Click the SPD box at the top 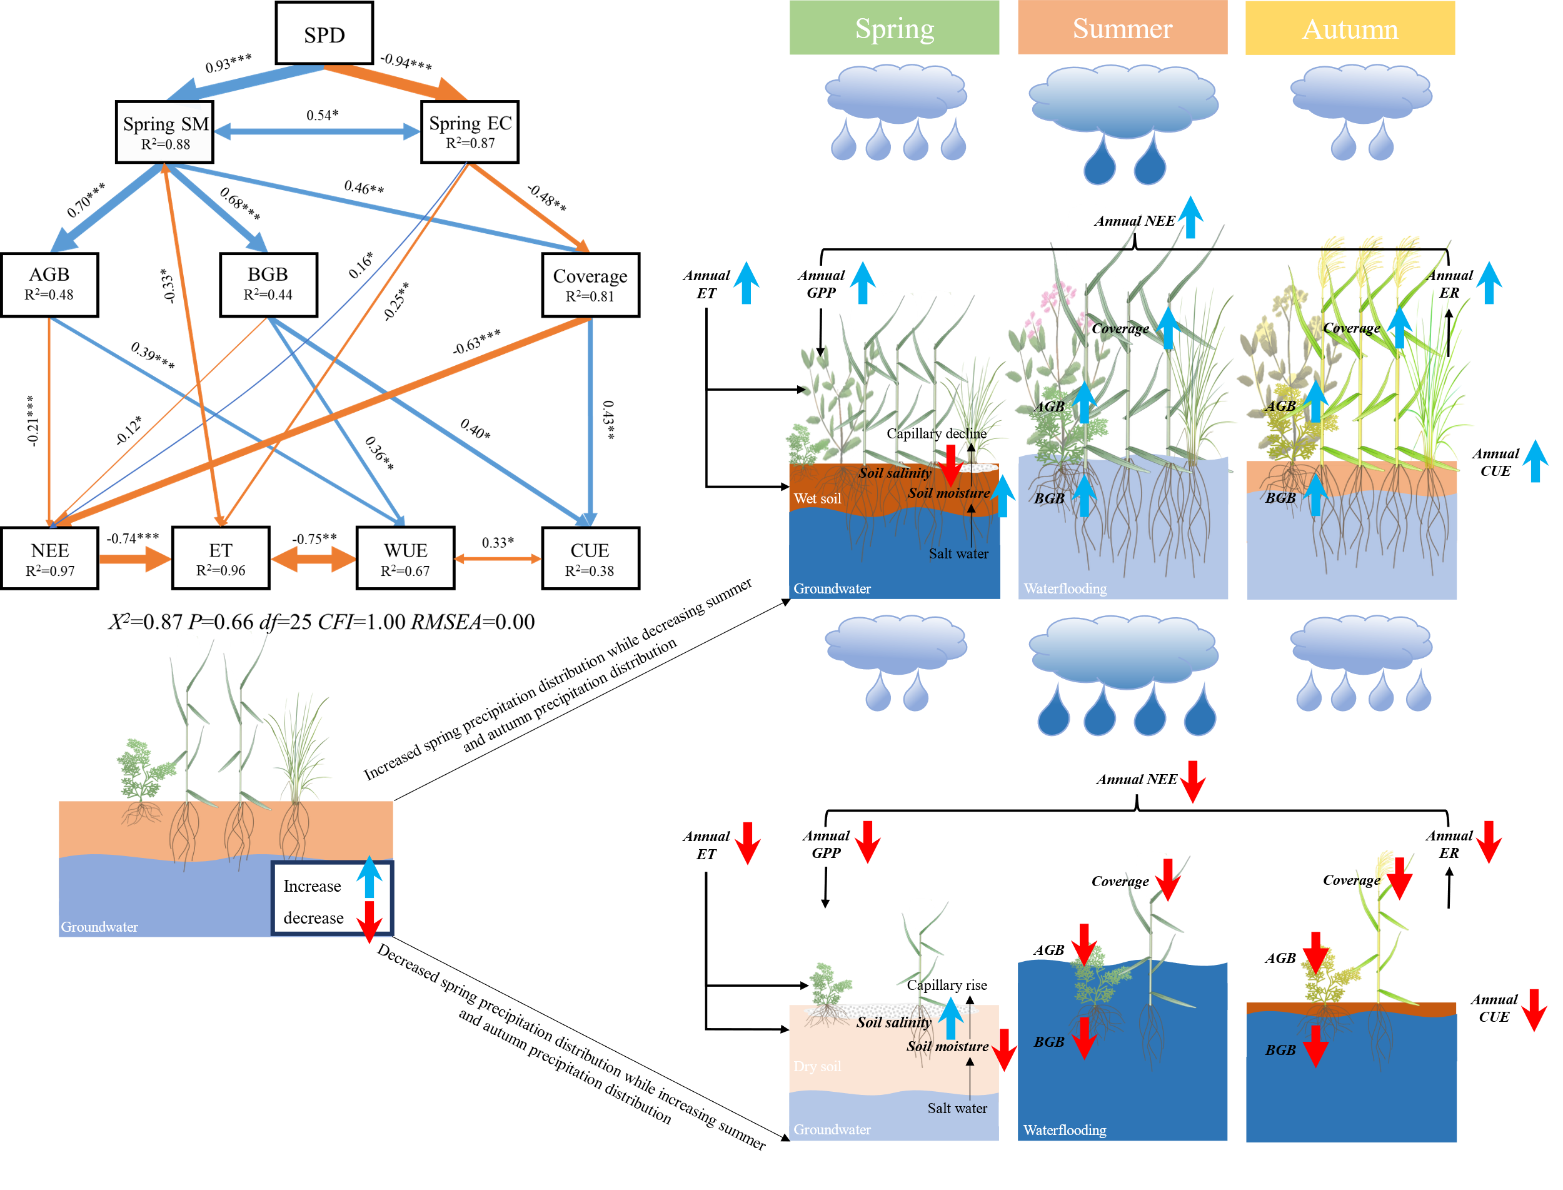[x=324, y=33]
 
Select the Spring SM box [x=164, y=132]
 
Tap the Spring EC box [x=470, y=131]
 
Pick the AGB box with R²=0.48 [x=49, y=283]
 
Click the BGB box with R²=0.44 [x=268, y=283]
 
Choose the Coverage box [x=590, y=284]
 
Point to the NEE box [x=49, y=558]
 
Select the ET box [x=220, y=558]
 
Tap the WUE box [x=405, y=558]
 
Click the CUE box [x=590, y=558]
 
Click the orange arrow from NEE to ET [x=134, y=559]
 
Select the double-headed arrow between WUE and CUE [x=497, y=559]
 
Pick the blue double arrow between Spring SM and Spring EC [x=316, y=132]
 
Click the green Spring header [x=894, y=28]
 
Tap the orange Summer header [x=1122, y=28]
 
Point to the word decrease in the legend [x=313, y=918]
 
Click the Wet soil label [x=817, y=498]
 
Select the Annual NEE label [x=1134, y=221]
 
